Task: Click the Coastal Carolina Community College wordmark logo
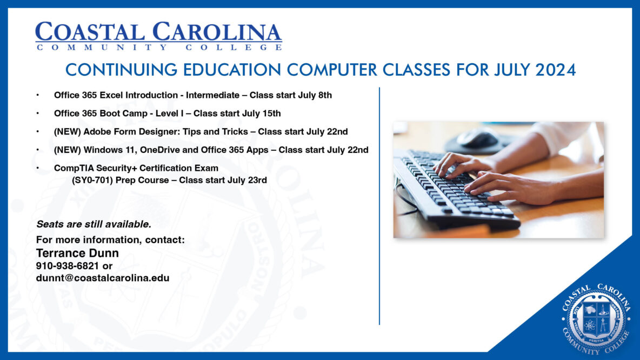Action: point(158,36)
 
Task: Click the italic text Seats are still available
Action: point(94,223)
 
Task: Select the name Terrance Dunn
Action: point(77,253)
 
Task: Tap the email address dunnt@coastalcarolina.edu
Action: point(103,278)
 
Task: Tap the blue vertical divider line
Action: point(379,205)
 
